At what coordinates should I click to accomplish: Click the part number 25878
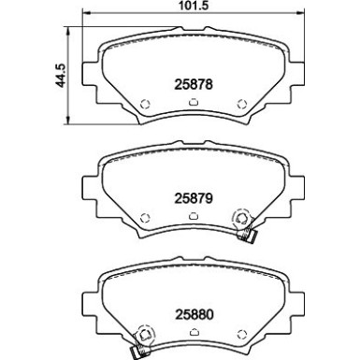192,83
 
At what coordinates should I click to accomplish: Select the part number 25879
192,197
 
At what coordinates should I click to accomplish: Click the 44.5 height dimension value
63,75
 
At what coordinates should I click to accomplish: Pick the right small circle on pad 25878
242,104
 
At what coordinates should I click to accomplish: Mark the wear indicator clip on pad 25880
143,339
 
